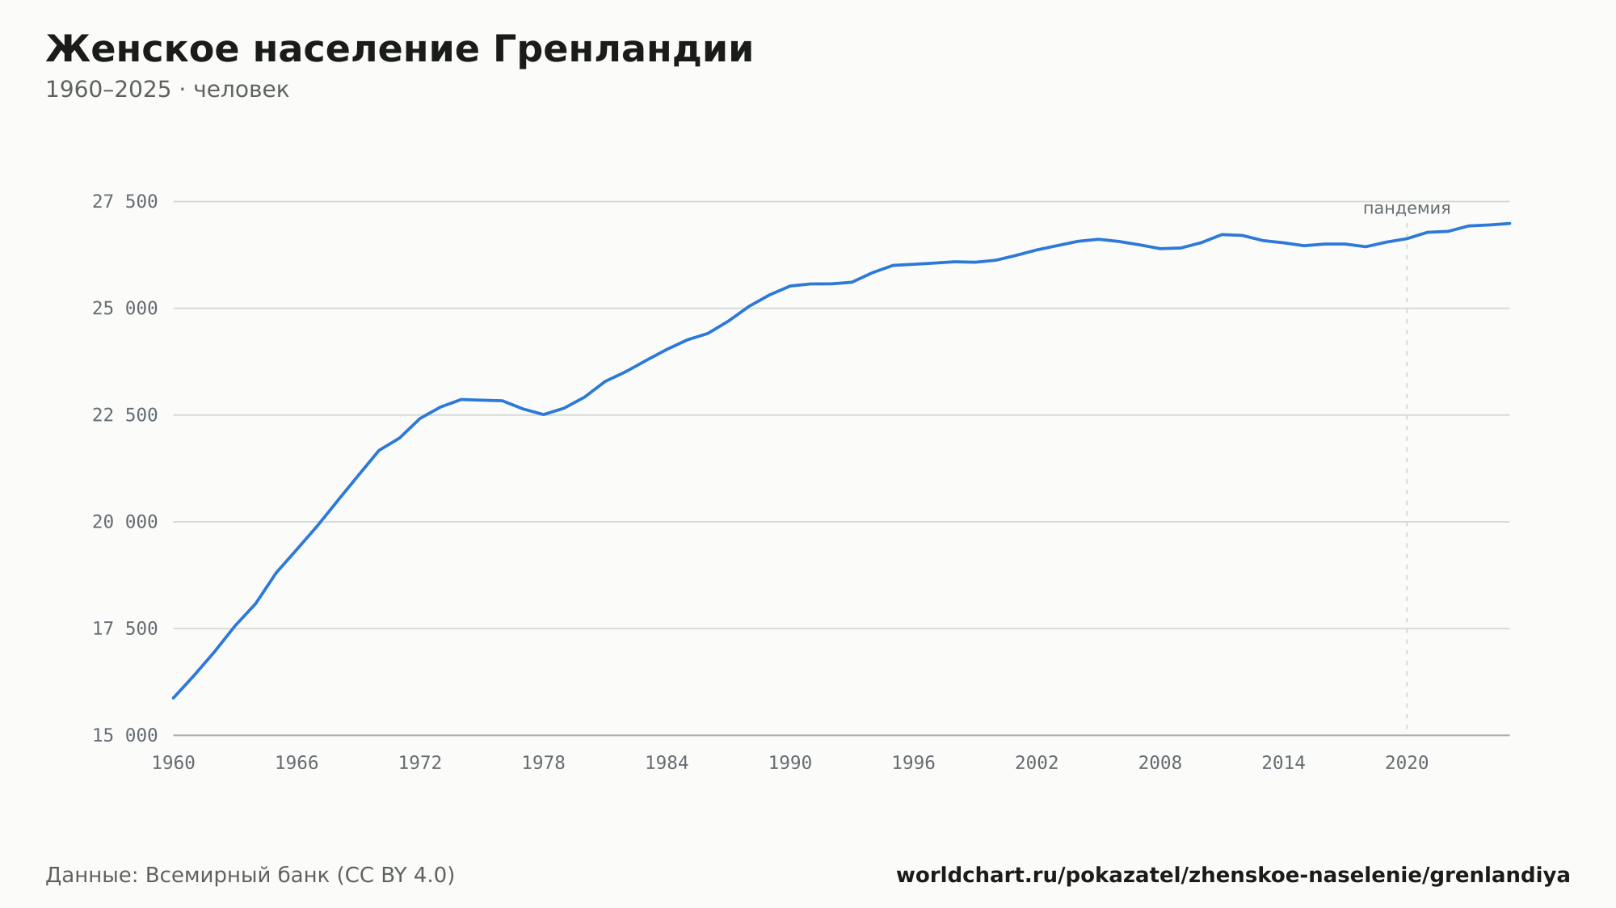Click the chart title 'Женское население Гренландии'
[399, 49]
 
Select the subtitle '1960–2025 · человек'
[167, 90]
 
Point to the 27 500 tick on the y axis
[124, 202]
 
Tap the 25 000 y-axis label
[124, 309]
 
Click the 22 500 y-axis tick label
[124, 415]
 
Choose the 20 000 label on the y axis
[124, 522]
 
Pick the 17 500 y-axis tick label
[124, 628]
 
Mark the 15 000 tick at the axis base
[124, 735]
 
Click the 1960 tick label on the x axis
[174, 763]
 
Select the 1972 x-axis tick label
[420, 763]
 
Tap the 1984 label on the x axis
[667, 763]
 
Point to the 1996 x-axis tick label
[913, 763]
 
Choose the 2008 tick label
[1160, 763]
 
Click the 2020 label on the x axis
[1407, 763]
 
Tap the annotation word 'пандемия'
[1407, 208]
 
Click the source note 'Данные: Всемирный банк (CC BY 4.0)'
[250, 875]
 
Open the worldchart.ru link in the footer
[1233, 875]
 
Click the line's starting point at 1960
[174, 698]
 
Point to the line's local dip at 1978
[544, 414]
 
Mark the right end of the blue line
[1509, 223]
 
